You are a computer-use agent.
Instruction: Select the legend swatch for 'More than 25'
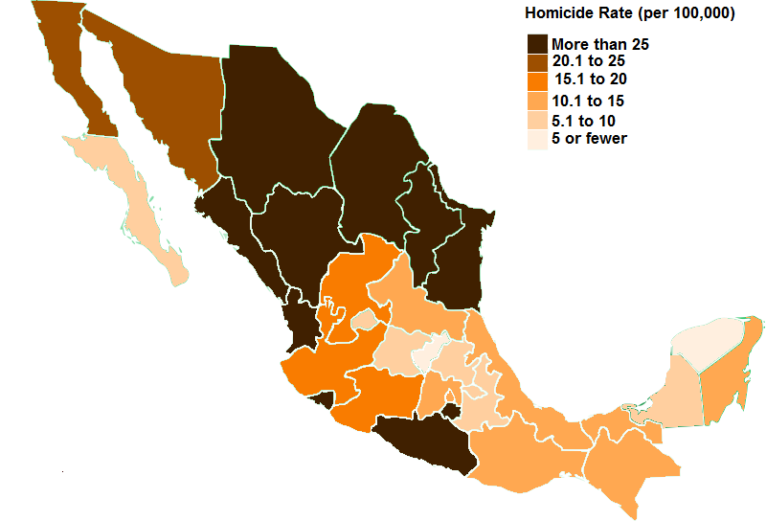click(x=537, y=44)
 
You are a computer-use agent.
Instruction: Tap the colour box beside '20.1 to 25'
click(x=537, y=62)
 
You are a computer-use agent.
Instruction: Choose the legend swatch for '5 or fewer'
click(x=537, y=139)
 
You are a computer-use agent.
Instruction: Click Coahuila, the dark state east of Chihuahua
click(x=378, y=163)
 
